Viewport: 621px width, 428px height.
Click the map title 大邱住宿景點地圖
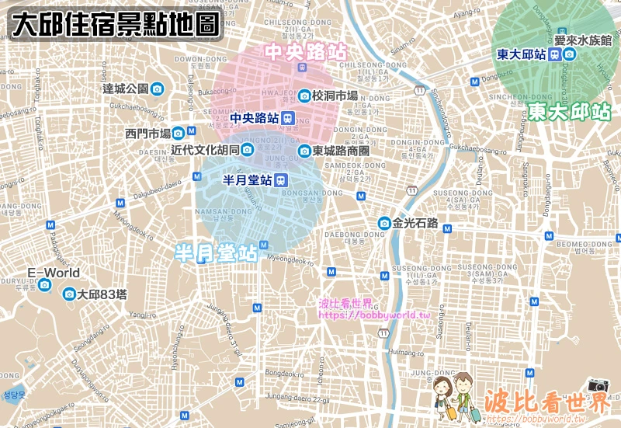116,25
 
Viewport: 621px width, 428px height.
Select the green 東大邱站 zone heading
569,112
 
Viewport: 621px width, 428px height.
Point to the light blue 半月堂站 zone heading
216,253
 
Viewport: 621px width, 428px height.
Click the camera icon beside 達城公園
157,89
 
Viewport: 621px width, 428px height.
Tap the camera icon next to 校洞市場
304,96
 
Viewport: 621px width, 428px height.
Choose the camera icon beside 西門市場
179,134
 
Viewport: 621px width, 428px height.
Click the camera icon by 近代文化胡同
248,150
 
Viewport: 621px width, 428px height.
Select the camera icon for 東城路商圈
305,151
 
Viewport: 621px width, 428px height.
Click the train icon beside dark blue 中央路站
288,118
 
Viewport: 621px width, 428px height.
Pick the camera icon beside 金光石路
383,224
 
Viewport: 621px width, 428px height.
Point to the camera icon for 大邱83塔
70,294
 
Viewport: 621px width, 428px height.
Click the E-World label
54,273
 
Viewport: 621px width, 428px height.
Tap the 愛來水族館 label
583,40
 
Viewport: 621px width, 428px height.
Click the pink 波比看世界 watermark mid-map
346,303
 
